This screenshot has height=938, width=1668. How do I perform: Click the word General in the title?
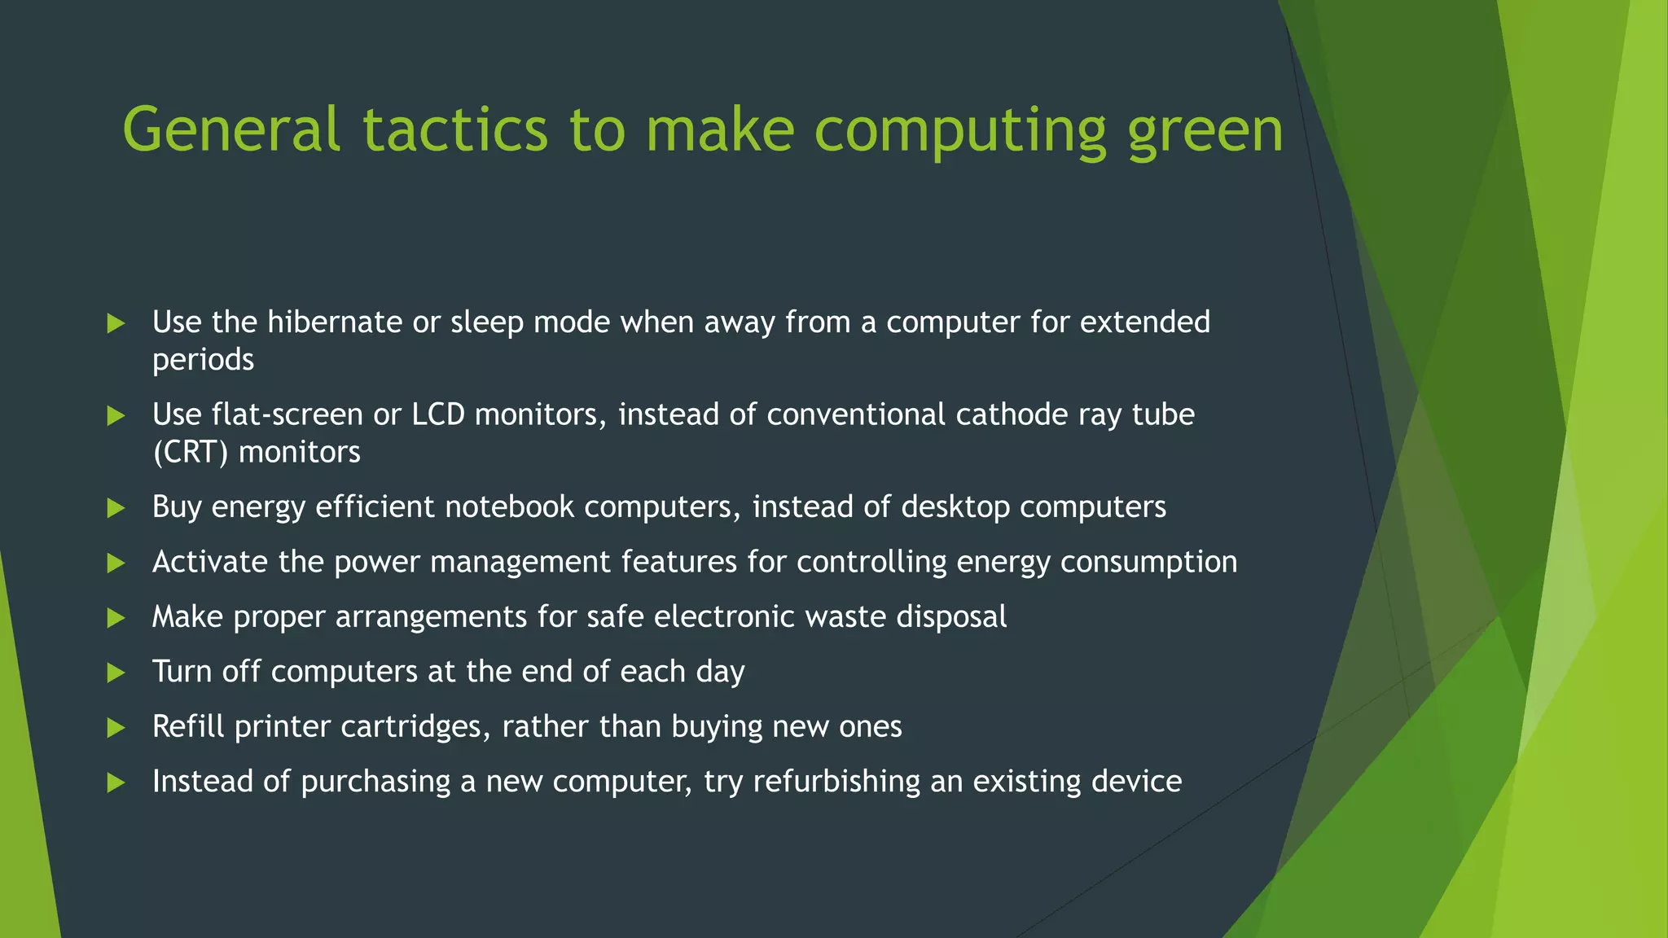pyautogui.click(x=230, y=130)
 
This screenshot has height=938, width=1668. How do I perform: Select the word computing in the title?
pyautogui.click(x=960, y=130)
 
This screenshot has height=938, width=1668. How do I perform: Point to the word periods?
pyautogui.click(x=203, y=360)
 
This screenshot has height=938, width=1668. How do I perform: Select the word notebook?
pyautogui.click(x=509, y=507)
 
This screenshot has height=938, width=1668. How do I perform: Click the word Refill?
pyautogui.click(x=188, y=726)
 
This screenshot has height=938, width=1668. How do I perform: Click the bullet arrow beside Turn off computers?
pyautogui.click(x=116, y=673)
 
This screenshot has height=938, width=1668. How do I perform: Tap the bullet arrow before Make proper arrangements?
pyautogui.click(x=116, y=618)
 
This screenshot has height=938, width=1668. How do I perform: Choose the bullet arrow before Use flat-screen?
pyautogui.click(x=116, y=416)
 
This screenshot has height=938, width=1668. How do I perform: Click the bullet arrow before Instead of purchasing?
pyautogui.click(x=116, y=782)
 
